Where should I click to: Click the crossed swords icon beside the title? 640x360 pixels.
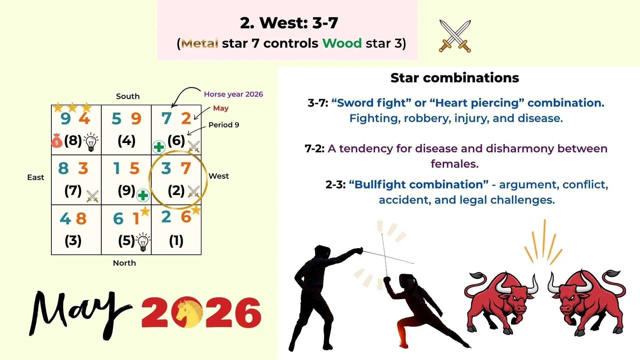(x=455, y=36)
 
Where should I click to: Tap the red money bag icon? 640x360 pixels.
(x=57, y=141)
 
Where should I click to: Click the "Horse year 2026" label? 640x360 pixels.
(x=233, y=94)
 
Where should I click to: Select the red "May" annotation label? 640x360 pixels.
(x=221, y=108)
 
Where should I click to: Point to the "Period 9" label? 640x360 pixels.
(x=224, y=125)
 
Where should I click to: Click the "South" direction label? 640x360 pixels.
(x=128, y=96)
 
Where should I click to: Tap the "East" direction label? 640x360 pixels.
(x=36, y=177)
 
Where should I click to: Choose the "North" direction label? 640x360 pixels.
(x=124, y=263)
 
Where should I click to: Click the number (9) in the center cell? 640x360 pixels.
(x=126, y=191)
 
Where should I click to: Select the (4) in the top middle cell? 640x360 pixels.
(x=126, y=141)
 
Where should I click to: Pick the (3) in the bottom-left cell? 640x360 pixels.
(x=73, y=241)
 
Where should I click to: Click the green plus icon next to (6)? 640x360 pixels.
(x=159, y=147)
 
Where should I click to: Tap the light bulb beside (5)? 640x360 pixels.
(x=143, y=242)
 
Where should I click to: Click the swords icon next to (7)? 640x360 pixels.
(x=92, y=196)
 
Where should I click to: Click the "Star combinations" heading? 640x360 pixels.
(x=455, y=78)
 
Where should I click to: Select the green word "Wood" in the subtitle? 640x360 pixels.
(x=342, y=43)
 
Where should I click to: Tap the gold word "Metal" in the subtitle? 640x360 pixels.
(x=200, y=43)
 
